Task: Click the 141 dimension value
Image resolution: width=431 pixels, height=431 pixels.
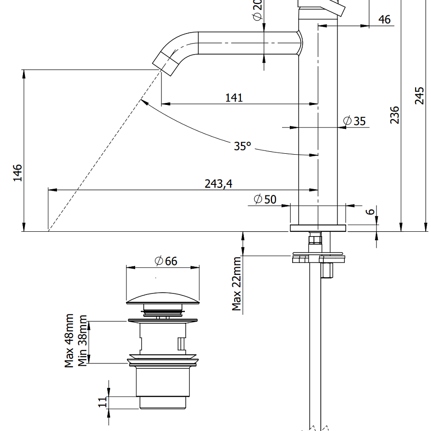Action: click(234, 98)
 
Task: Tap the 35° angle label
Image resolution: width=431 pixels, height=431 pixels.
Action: click(242, 146)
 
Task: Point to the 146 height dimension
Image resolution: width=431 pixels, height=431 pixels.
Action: click(18, 173)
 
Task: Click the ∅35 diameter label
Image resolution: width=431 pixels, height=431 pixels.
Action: click(355, 121)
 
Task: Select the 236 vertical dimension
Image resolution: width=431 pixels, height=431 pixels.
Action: click(395, 115)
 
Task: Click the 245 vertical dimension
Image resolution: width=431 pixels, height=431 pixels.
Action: click(420, 96)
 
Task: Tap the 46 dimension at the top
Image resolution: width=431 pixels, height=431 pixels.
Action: click(384, 19)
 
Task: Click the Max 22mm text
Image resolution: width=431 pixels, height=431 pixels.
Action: click(237, 284)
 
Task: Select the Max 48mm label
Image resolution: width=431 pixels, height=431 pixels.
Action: click(69, 341)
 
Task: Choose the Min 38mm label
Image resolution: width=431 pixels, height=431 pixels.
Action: click(83, 340)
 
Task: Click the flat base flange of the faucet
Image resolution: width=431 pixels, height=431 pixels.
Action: click(318, 228)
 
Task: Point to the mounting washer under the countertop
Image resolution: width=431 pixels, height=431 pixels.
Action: click(318, 258)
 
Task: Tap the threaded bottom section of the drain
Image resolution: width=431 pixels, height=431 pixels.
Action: click(162, 402)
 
